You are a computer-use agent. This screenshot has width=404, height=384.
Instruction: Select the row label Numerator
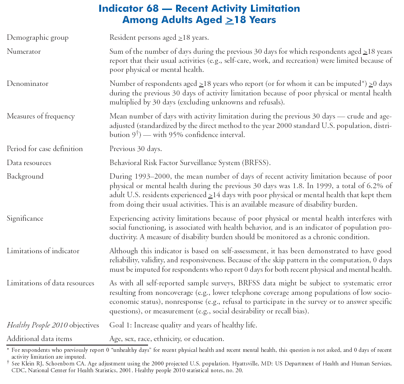pos(23,52)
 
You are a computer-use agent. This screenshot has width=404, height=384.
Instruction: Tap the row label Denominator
pos(28,84)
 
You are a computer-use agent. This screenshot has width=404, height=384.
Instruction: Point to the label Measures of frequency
pos(41,116)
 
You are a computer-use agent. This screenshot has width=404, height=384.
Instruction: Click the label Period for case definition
pos(45,149)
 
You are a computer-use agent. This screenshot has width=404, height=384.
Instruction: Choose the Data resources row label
pos(29,162)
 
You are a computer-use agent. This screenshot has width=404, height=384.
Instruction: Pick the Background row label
pos(25,176)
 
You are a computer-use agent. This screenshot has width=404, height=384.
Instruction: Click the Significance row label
pos(25,218)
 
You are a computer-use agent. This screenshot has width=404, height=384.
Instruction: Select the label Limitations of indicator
pos(43,251)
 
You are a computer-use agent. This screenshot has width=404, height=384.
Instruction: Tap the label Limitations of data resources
pos(51,283)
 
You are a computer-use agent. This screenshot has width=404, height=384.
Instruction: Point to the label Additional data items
pos(39,338)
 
